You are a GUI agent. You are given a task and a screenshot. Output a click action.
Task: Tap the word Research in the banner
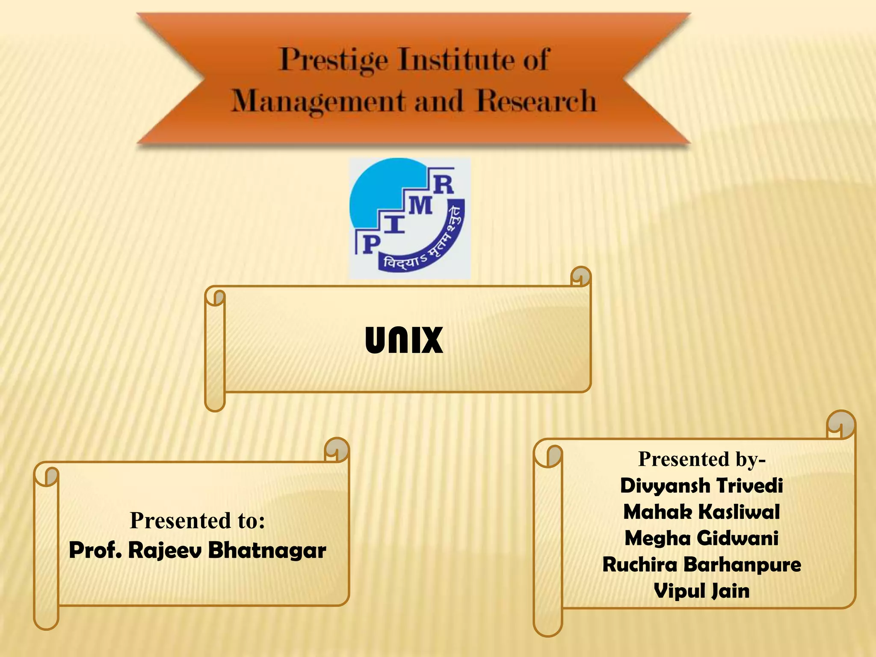pos(536,101)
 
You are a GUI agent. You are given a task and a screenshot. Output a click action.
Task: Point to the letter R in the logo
pos(444,185)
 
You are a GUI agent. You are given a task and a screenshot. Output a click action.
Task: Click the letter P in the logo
pos(371,245)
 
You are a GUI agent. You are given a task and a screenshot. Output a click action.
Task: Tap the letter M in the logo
pos(420,207)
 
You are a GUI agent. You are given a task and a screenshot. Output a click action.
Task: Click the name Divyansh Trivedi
pos(701,485)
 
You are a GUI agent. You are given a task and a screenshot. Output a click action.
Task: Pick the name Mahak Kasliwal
pos(701,512)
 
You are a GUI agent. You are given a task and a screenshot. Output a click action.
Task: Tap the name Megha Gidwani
pos(701,538)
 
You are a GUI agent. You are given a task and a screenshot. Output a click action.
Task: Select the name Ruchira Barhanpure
pos(701,565)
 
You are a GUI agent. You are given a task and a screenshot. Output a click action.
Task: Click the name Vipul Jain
pos(701,591)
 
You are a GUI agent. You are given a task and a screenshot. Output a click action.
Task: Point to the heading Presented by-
pos(701,459)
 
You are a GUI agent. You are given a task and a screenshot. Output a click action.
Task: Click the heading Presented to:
pos(197,521)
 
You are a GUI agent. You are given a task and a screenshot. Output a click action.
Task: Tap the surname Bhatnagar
pos(267,550)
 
